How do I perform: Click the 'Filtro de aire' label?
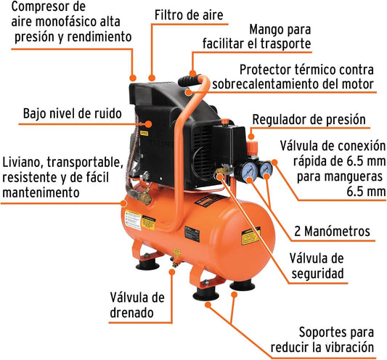(x=189, y=15)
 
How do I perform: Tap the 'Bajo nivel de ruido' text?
(x=73, y=113)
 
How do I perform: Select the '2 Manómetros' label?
(x=333, y=232)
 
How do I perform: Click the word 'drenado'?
(x=132, y=313)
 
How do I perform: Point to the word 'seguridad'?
(x=317, y=274)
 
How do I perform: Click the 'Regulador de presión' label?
(x=309, y=120)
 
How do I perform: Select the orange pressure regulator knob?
(x=252, y=147)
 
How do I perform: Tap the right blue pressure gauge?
(x=266, y=168)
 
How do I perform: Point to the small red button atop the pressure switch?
(x=224, y=121)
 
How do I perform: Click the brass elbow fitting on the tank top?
(x=145, y=196)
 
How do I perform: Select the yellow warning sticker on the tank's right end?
(x=250, y=236)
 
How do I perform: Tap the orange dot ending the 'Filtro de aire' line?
(x=152, y=78)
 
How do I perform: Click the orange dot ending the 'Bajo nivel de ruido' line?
(x=148, y=124)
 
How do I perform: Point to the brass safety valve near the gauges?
(x=221, y=171)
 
